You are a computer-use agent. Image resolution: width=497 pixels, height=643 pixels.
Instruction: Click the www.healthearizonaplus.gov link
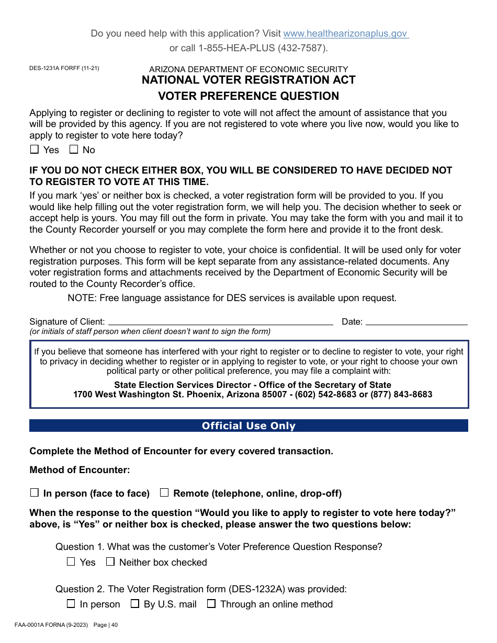click(x=345, y=33)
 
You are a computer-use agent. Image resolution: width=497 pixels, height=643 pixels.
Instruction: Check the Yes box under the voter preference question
click(x=35, y=150)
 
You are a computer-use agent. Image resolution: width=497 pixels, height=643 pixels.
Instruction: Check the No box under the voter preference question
click(x=74, y=150)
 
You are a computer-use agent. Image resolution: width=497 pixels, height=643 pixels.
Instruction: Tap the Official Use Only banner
click(x=249, y=426)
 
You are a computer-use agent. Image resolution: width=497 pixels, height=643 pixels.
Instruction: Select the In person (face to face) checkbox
click(x=35, y=492)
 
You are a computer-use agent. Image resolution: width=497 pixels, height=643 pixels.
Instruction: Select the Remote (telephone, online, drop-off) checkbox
click(x=164, y=492)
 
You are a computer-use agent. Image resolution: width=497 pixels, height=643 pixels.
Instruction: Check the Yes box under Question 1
click(x=71, y=561)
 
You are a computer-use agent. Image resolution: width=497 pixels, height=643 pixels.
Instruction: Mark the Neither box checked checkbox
click(x=110, y=561)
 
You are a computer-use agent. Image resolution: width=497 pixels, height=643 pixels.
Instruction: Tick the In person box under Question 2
click(x=71, y=604)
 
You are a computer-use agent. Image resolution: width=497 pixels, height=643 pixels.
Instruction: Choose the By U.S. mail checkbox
click(x=135, y=604)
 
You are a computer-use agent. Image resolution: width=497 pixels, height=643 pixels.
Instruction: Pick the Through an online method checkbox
click(x=211, y=604)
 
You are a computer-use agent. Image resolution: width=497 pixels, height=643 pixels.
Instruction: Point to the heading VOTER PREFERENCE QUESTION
click(x=249, y=96)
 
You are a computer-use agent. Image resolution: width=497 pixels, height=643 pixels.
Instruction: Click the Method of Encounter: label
click(x=80, y=470)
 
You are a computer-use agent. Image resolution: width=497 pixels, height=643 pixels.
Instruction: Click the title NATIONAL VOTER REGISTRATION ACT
click(x=249, y=80)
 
